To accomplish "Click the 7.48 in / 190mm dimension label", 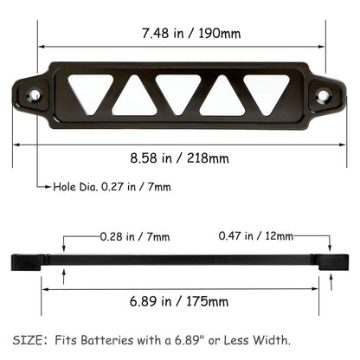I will click(181, 35).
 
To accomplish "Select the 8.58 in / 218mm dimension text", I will click(181, 158).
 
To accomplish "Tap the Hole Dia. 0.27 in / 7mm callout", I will click(112, 186).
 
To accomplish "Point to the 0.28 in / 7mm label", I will click(135, 236).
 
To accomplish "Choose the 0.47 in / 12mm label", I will click(257, 236).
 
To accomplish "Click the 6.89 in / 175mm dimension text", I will click(181, 301).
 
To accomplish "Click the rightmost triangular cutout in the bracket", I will click(267, 89).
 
